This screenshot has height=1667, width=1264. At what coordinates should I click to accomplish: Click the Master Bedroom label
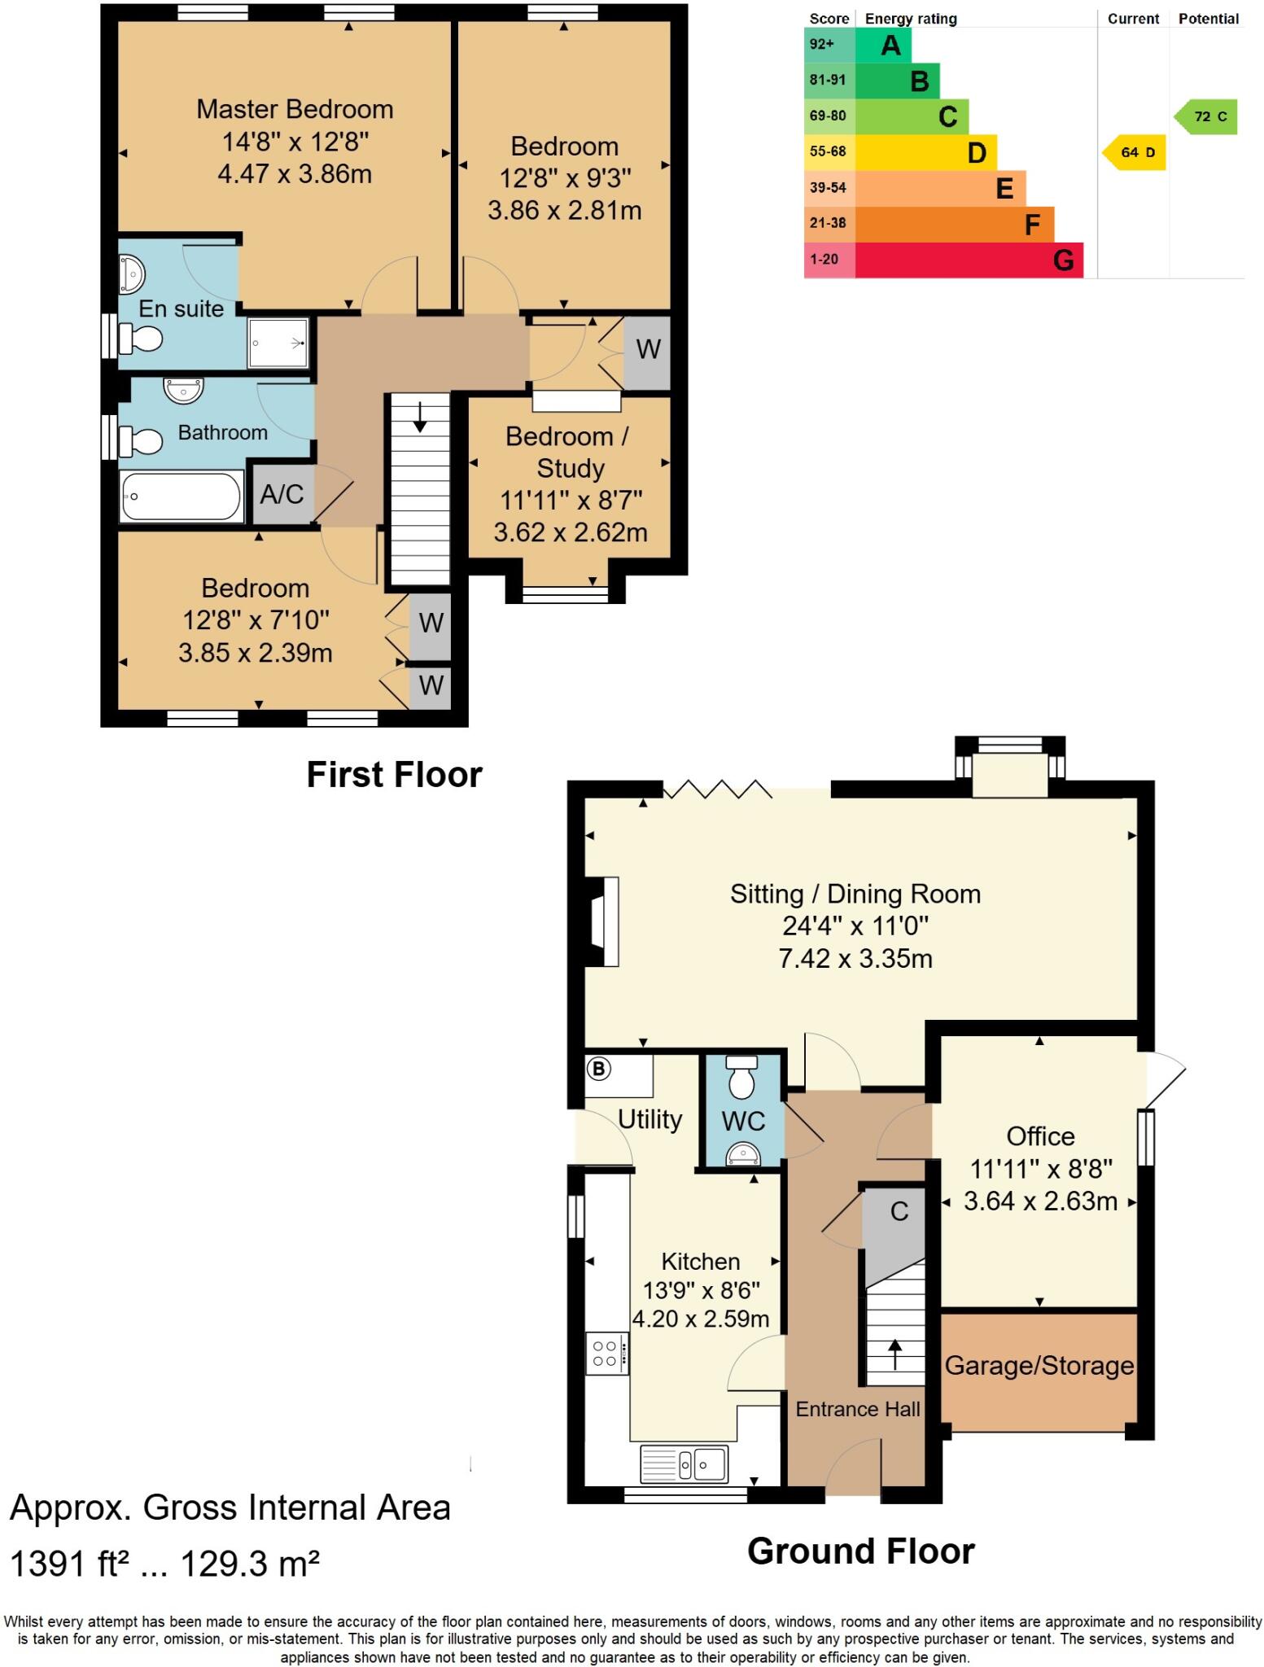(295, 109)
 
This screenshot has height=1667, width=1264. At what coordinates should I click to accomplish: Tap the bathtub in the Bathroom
(182, 496)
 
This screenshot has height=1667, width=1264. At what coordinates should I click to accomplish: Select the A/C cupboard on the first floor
(282, 493)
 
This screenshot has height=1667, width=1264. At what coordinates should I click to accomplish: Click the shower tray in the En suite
(278, 343)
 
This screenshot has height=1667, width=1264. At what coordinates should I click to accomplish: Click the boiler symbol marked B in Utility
(599, 1068)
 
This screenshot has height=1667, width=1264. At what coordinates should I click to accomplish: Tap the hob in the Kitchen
(606, 1354)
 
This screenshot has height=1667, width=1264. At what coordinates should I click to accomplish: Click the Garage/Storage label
(1039, 1364)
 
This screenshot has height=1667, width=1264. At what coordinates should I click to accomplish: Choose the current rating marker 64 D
(1134, 152)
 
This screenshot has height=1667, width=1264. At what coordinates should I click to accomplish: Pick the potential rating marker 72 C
(1205, 116)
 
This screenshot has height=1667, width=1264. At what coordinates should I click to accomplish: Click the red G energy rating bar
(969, 260)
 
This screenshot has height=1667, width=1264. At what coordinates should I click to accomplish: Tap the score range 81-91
(828, 80)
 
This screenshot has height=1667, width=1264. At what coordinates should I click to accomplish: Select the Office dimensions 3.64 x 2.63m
(1040, 1201)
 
